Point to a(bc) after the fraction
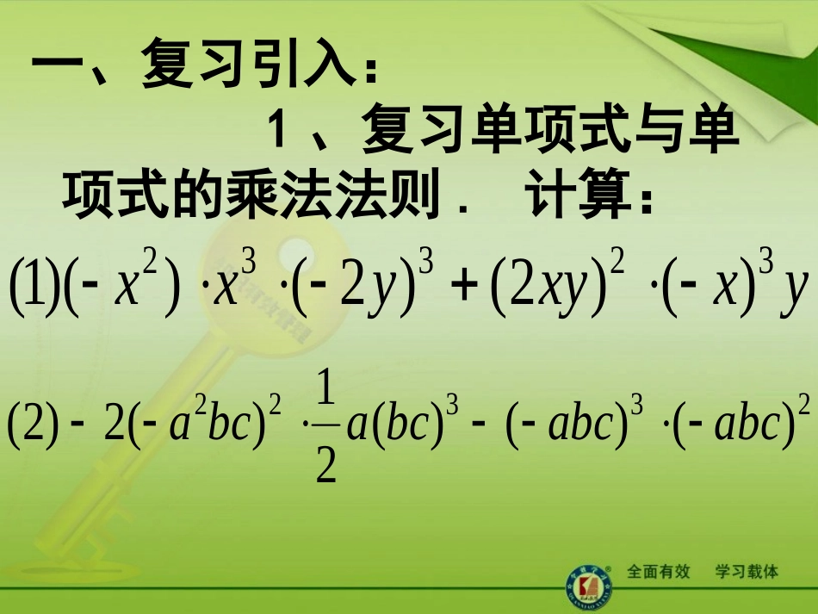click(392, 425)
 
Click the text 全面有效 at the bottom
click(659, 572)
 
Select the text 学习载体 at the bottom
click(747, 572)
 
